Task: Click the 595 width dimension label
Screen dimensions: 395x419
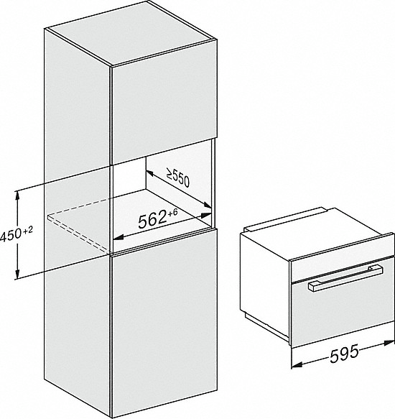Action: click(344, 354)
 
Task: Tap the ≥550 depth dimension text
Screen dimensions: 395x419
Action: click(178, 178)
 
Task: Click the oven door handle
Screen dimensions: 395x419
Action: click(345, 278)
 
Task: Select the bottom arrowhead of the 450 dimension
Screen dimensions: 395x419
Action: click(18, 274)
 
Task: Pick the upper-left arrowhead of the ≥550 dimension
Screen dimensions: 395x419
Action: click(149, 173)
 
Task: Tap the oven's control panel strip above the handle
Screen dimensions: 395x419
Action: click(342, 264)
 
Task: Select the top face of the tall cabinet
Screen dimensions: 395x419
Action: click(131, 33)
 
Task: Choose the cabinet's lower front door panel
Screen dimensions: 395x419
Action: click(164, 322)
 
